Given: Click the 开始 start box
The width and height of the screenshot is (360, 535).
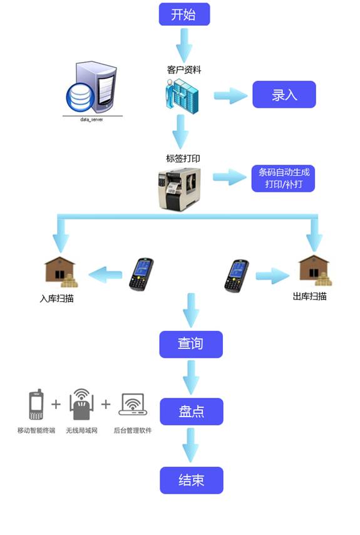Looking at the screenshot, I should [x=183, y=14].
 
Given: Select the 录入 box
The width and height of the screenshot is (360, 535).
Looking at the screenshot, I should [x=284, y=95].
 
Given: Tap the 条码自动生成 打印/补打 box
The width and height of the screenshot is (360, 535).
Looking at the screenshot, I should [x=284, y=179].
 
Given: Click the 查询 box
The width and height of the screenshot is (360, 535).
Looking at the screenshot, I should [x=191, y=344].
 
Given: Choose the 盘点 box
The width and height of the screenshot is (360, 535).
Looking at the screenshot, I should [x=191, y=412].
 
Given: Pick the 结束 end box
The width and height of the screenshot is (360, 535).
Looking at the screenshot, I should [x=191, y=480].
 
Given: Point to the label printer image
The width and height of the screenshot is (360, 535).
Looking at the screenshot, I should [x=179, y=187].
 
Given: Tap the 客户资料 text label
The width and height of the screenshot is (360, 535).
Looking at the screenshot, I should [x=183, y=70].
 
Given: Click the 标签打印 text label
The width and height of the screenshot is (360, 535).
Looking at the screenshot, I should [x=183, y=158].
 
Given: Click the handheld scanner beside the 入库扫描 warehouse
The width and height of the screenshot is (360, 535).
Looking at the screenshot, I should [x=141, y=274].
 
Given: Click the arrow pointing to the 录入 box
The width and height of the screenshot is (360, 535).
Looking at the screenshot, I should [x=230, y=96].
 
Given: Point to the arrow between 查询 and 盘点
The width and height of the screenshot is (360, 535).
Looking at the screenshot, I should [x=191, y=378].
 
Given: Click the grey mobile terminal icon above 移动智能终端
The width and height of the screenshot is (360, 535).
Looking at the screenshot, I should [x=36, y=405].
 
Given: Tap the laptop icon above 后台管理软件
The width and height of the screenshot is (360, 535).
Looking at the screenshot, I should [x=132, y=405].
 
